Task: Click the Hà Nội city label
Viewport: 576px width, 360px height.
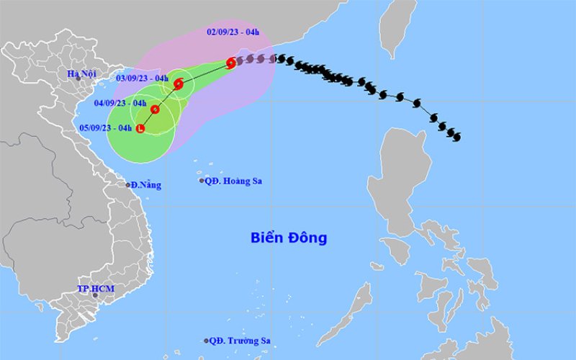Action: (81, 73)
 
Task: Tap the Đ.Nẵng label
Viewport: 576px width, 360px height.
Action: (146, 185)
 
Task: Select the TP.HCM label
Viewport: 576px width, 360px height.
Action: (96, 288)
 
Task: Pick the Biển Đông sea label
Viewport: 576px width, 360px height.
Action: (289, 237)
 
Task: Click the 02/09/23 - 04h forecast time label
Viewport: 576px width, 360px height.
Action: (233, 31)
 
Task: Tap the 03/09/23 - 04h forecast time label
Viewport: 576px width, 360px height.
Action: (143, 78)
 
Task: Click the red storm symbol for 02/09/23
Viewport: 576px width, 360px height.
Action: (231, 63)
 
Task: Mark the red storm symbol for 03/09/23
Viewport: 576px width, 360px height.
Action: (179, 84)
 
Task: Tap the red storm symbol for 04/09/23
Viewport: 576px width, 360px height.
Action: (155, 109)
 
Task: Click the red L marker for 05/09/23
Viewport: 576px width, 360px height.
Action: (140, 128)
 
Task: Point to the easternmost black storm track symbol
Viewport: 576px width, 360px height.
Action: (456, 137)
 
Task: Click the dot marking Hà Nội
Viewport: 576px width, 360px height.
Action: (78, 79)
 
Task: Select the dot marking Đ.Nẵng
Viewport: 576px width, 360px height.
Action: (128, 185)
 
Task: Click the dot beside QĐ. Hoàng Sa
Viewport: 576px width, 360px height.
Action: (202, 181)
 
